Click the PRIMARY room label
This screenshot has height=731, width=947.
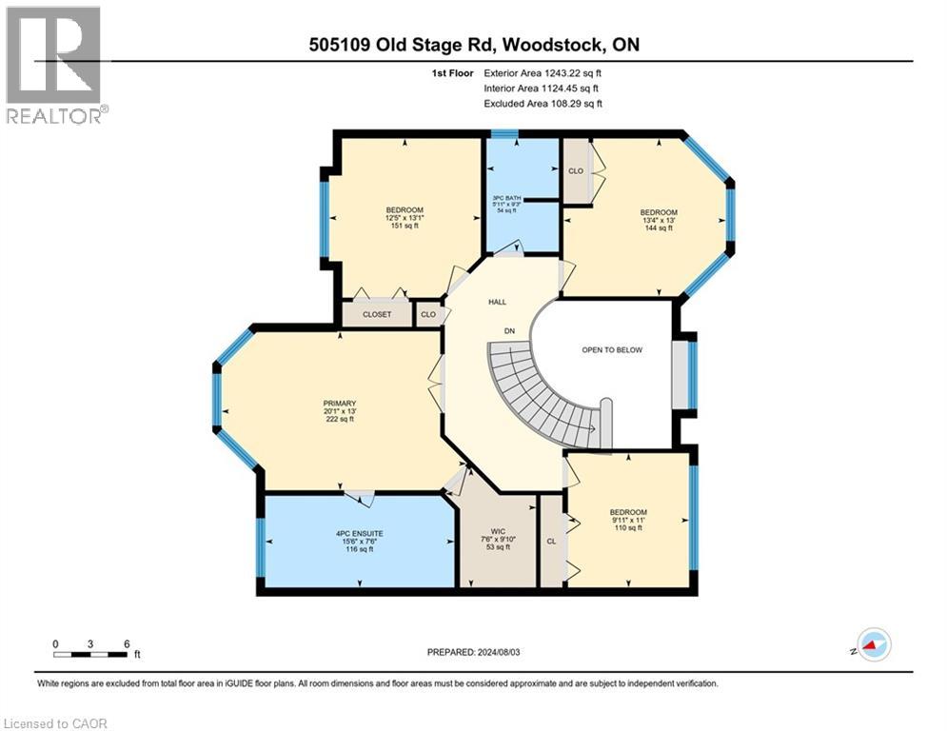coord(339,403)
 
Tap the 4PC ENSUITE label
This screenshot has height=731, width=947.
coord(339,533)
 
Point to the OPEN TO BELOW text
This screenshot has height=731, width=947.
coord(612,350)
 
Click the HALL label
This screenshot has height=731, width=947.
coord(497,302)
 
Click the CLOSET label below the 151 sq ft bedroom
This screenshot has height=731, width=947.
coord(377,314)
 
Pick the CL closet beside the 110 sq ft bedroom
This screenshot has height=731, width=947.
coord(551,541)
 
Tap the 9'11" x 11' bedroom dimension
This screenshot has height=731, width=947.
coord(628,520)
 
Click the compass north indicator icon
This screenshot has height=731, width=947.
coord(873,645)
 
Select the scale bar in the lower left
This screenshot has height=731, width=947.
coord(90,653)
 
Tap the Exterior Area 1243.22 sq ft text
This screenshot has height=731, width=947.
coord(543,72)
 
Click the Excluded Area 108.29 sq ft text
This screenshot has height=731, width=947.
coord(543,104)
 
